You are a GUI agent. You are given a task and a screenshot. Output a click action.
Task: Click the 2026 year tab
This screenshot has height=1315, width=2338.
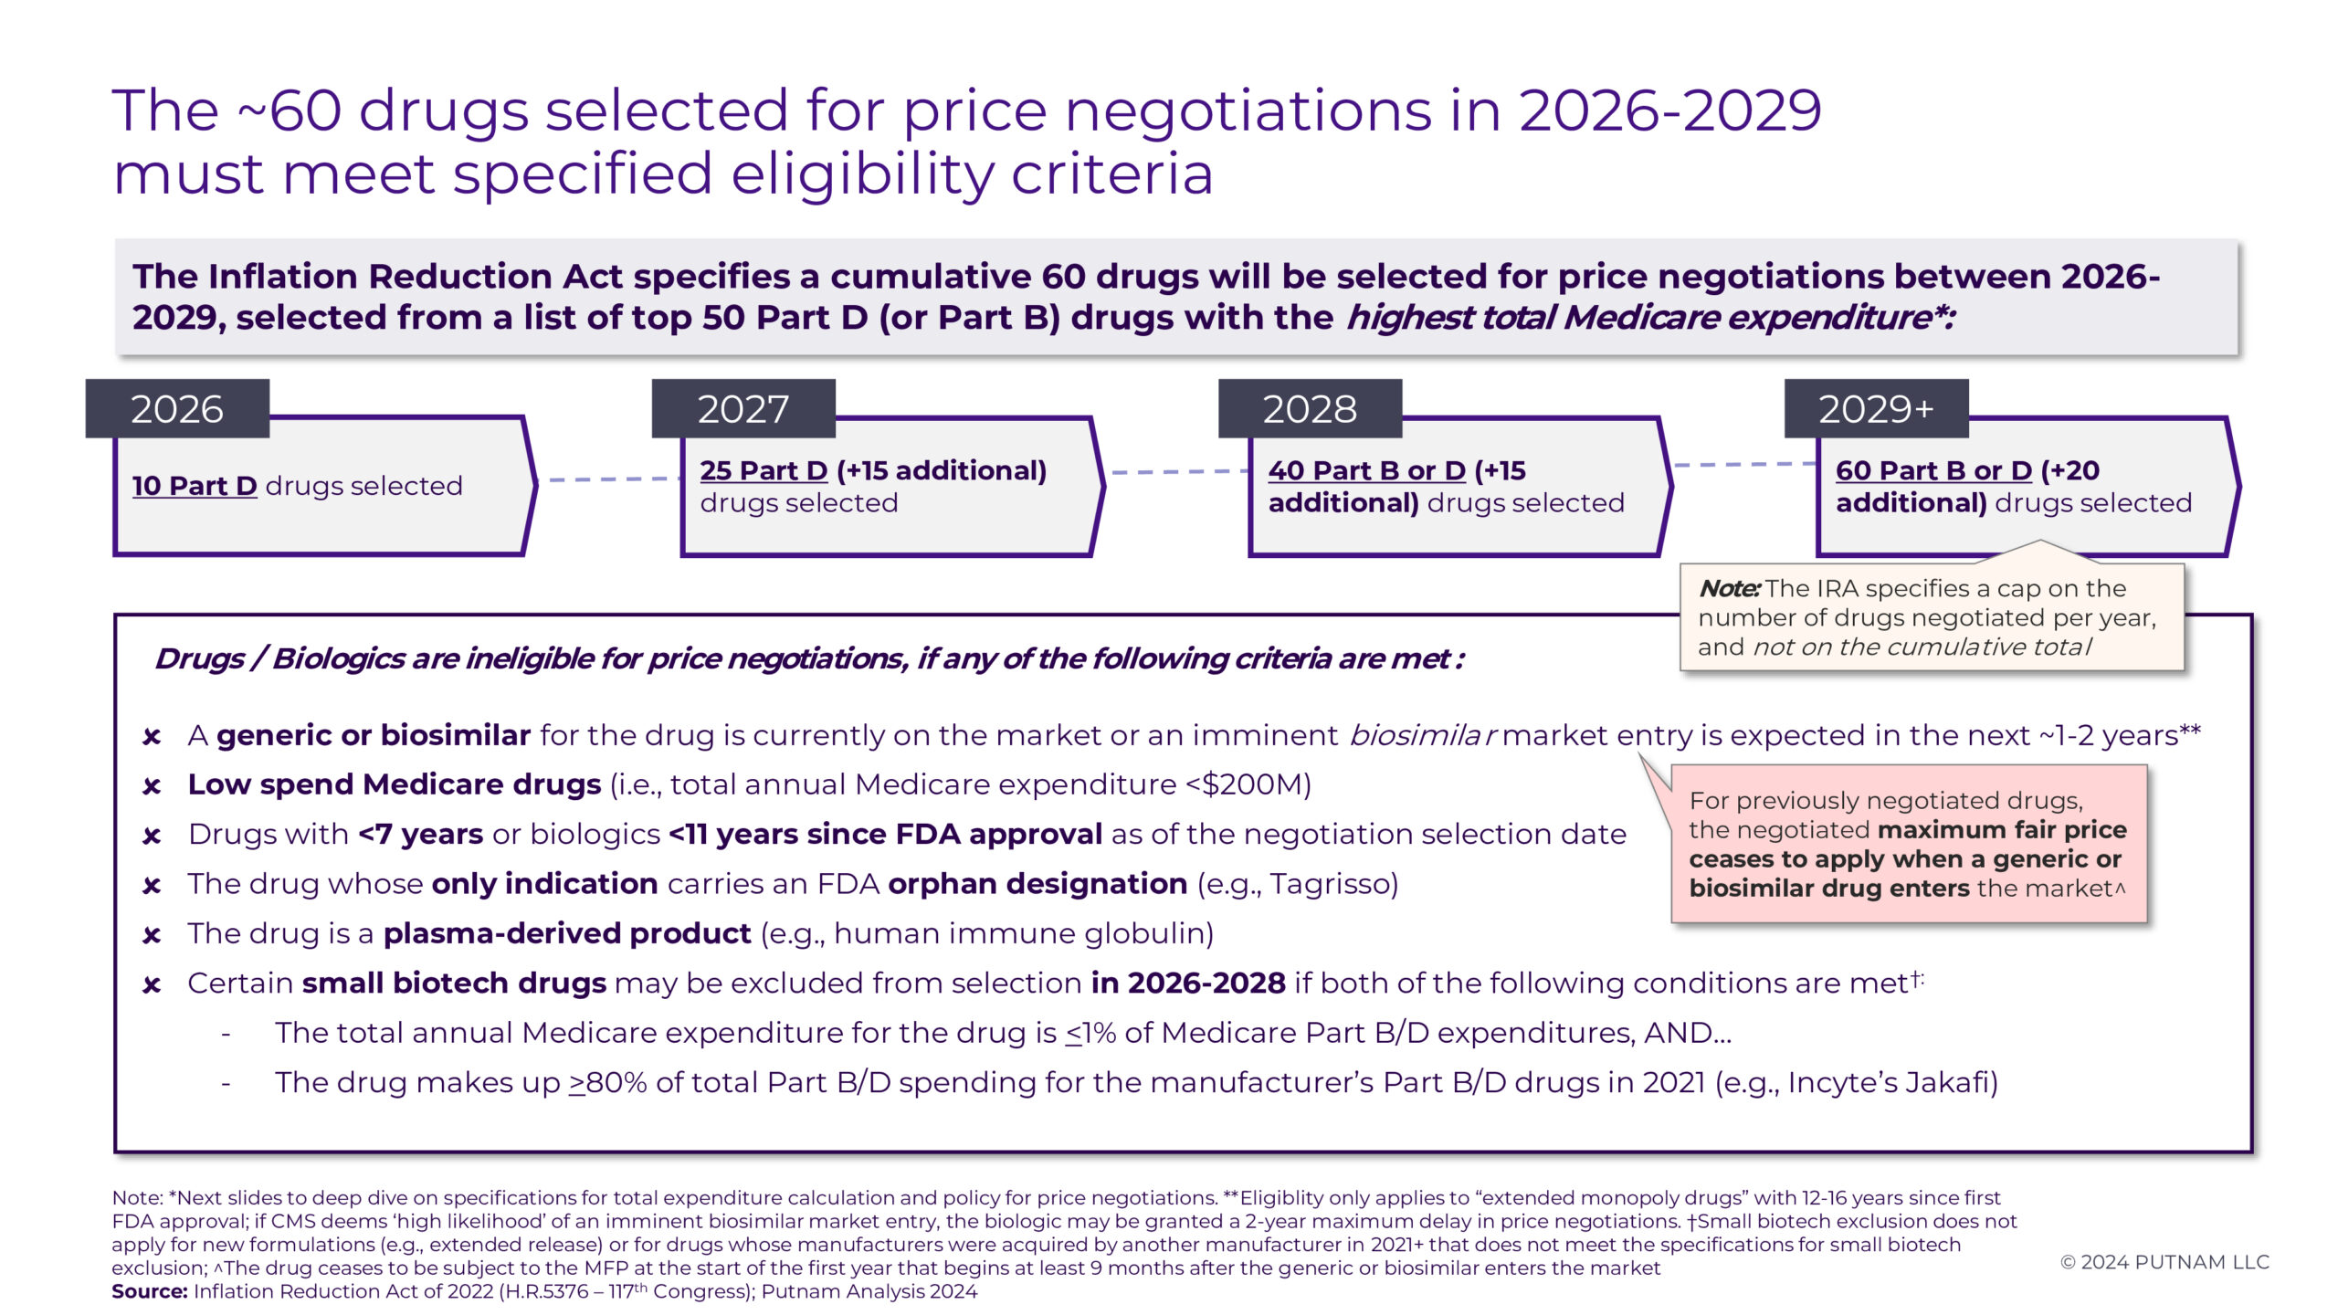tap(177, 409)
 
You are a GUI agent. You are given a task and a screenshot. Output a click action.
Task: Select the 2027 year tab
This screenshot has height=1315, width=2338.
tap(743, 409)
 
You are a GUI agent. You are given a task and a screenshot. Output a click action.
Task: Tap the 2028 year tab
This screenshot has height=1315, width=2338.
tap(1310, 409)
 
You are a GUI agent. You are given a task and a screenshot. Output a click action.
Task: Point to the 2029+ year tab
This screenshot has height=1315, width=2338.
tap(1876, 409)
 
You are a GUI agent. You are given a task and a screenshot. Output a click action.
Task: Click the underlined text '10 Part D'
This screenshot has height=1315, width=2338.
tap(195, 486)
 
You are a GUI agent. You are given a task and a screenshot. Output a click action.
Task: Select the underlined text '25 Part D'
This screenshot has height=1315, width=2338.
tap(764, 471)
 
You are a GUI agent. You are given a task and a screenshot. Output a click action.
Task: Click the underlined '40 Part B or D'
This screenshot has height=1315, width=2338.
tap(1366, 471)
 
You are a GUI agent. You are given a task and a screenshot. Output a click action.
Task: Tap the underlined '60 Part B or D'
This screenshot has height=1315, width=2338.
tap(1933, 471)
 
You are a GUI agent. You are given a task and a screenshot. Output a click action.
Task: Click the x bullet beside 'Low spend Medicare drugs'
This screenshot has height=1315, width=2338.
tap(153, 786)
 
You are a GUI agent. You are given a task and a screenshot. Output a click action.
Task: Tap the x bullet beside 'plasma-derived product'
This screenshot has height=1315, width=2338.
tap(153, 935)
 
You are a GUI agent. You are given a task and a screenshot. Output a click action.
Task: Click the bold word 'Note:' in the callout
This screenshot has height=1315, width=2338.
tap(1729, 589)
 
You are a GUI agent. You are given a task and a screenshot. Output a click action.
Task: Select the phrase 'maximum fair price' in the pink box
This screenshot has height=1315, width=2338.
tap(2002, 830)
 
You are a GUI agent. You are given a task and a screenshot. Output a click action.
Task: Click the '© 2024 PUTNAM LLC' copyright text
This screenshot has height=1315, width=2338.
tap(2164, 1262)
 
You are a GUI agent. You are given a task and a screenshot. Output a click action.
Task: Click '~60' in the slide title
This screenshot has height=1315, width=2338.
tap(290, 111)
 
